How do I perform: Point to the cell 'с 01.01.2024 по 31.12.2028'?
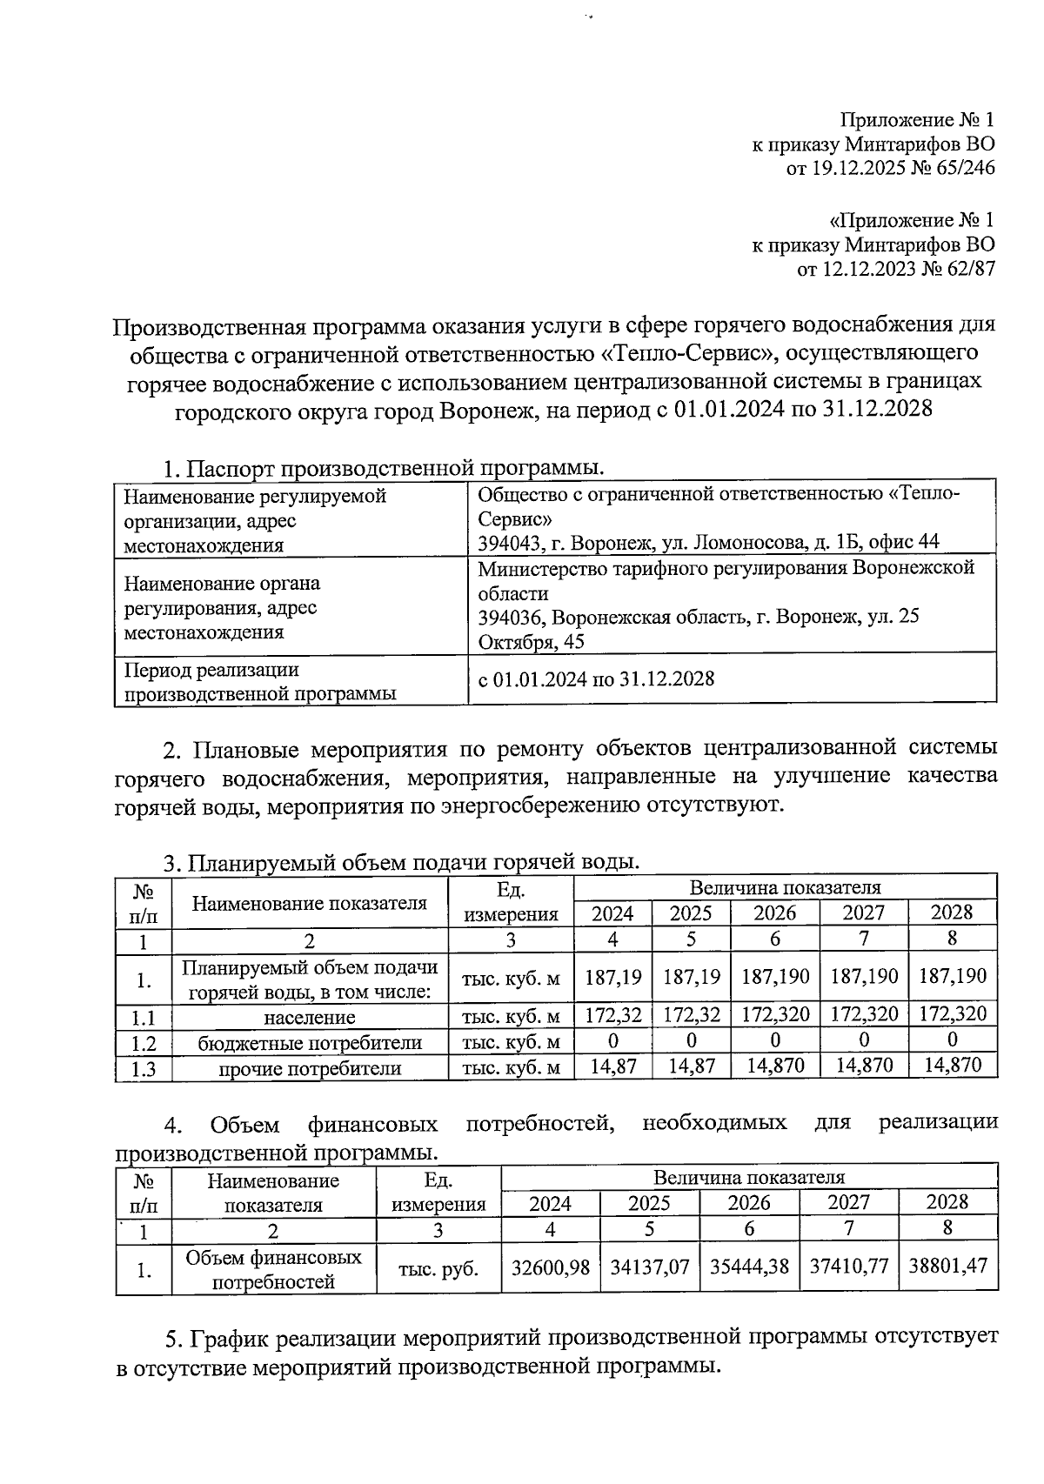click(x=596, y=678)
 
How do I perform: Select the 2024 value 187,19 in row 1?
click(x=612, y=976)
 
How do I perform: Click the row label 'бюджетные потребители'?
click(x=310, y=1042)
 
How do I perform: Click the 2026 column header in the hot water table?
click(x=774, y=913)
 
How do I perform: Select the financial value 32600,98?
click(x=550, y=1267)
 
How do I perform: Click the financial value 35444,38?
click(x=749, y=1267)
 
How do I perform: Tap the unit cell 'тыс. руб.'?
click(x=438, y=1269)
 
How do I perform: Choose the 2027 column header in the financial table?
click(x=848, y=1203)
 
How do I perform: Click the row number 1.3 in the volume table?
click(x=143, y=1069)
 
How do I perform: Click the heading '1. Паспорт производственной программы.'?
click(x=383, y=468)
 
